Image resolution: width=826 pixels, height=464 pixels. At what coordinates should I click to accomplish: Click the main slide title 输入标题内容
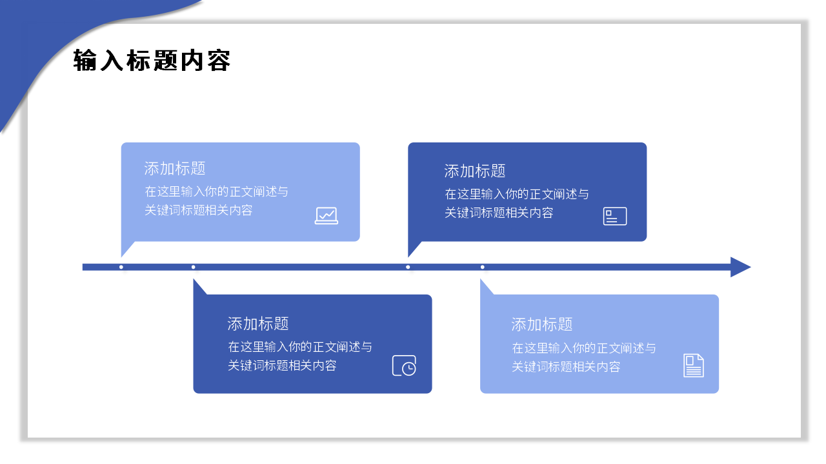(x=152, y=61)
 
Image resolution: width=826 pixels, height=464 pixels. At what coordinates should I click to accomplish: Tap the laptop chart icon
(x=327, y=215)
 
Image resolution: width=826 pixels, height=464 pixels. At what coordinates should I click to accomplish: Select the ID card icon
(x=615, y=216)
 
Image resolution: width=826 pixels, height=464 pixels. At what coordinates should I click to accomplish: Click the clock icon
(x=405, y=365)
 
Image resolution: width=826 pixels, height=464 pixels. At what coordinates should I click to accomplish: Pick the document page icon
(x=694, y=365)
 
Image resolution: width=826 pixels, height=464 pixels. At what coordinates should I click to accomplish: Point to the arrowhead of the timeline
(x=740, y=267)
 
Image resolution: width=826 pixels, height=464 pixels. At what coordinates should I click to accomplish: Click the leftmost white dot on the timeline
(x=121, y=267)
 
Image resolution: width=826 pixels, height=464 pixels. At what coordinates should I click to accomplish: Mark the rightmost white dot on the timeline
(x=482, y=267)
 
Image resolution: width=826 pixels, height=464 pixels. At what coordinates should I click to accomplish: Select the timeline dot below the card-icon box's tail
(x=408, y=267)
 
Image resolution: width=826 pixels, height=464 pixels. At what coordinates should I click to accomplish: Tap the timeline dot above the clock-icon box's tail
(x=193, y=267)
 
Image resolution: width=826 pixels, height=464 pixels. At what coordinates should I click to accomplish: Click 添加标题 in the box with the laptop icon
(x=175, y=169)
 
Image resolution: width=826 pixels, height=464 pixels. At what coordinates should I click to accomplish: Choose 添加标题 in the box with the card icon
(x=475, y=171)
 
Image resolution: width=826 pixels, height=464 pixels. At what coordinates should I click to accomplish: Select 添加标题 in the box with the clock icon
(x=258, y=324)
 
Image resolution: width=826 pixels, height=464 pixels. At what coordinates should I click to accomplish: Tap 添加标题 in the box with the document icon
(x=542, y=324)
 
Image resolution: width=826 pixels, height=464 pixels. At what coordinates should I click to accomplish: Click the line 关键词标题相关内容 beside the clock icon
(x=282, y=365)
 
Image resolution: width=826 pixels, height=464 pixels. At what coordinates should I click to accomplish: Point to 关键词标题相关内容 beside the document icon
(x=566, y=367)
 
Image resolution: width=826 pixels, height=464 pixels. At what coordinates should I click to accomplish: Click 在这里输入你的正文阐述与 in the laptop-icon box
(x=216, y=191)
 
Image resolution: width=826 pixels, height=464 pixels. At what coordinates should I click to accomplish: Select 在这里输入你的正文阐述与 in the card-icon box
(x=517, y=194)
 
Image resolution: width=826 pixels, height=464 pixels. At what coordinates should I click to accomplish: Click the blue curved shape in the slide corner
(x=39, y=39)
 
